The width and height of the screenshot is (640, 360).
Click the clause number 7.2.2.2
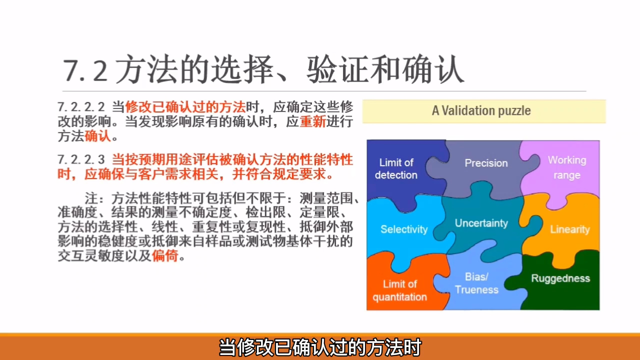pyautogui.click(x=81, y=107)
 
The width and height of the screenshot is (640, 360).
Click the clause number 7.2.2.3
pyautogui.click(x=81, y=160)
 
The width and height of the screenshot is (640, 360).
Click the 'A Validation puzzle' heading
pyautogui.click(x=481, y=110)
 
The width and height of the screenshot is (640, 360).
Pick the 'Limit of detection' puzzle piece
pyautogui.click(x=396, y=168)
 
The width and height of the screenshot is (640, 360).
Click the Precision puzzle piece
pyautogui.click(x=486, y=163)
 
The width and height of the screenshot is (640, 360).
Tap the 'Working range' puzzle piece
pyautogui.click(x=566, y=167)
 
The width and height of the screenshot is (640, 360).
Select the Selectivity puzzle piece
pyautogui.click(x=404, y=229)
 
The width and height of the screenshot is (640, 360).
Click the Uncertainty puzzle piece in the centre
pyautogui.click(x=481, y=223)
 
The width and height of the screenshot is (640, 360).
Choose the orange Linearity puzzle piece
pyautogui.click(x=569, y=229)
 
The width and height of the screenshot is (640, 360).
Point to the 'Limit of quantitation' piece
pyautogui.click(x=399, y=290)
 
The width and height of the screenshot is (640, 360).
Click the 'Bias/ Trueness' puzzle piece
pyautogui.click(x=476, y=283)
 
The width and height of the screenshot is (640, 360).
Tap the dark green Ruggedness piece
pyautogui.click(x=560, y=278)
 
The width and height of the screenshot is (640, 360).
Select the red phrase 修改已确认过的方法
pyautogui.click(x=185, y=107)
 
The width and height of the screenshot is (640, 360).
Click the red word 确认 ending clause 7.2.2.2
pyautogui.click(x=98, y=136)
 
